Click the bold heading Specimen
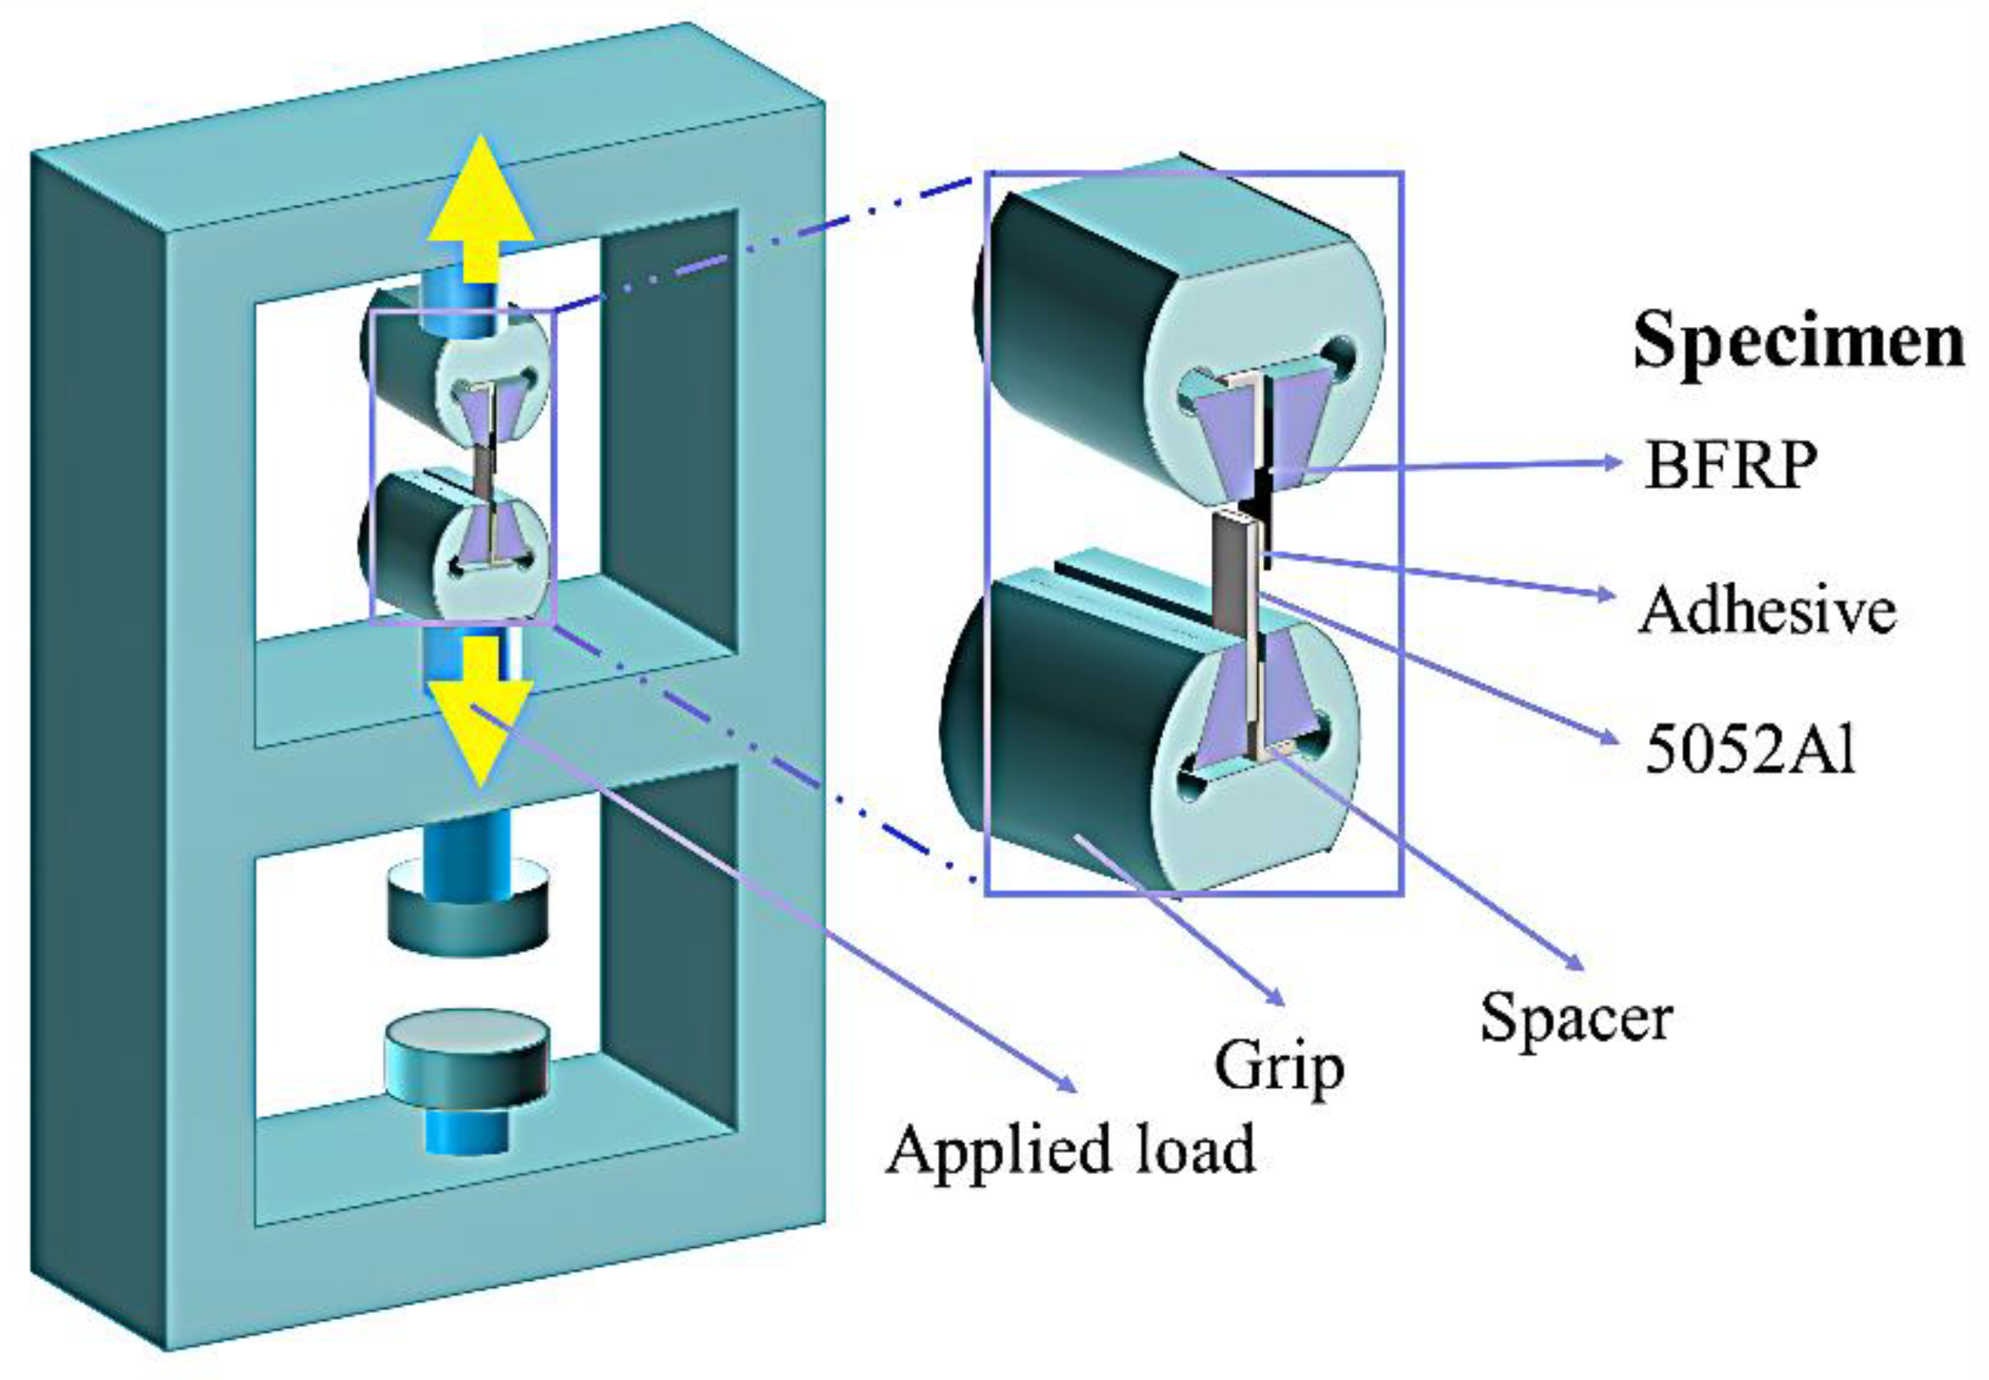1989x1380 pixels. click(x=1798, y=341)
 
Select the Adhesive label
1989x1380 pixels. click(x=1766, y=610)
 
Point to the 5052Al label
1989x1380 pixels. click(x=1750, y=749)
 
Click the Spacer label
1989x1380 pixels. click(x=1576, y=1017)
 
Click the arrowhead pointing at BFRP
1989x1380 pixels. click(x=1611, y=462)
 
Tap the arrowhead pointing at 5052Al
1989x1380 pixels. click(x=1610, y=740)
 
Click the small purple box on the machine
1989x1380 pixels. click(x=462, y=467)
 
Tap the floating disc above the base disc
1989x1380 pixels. click(x=467, y=905)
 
